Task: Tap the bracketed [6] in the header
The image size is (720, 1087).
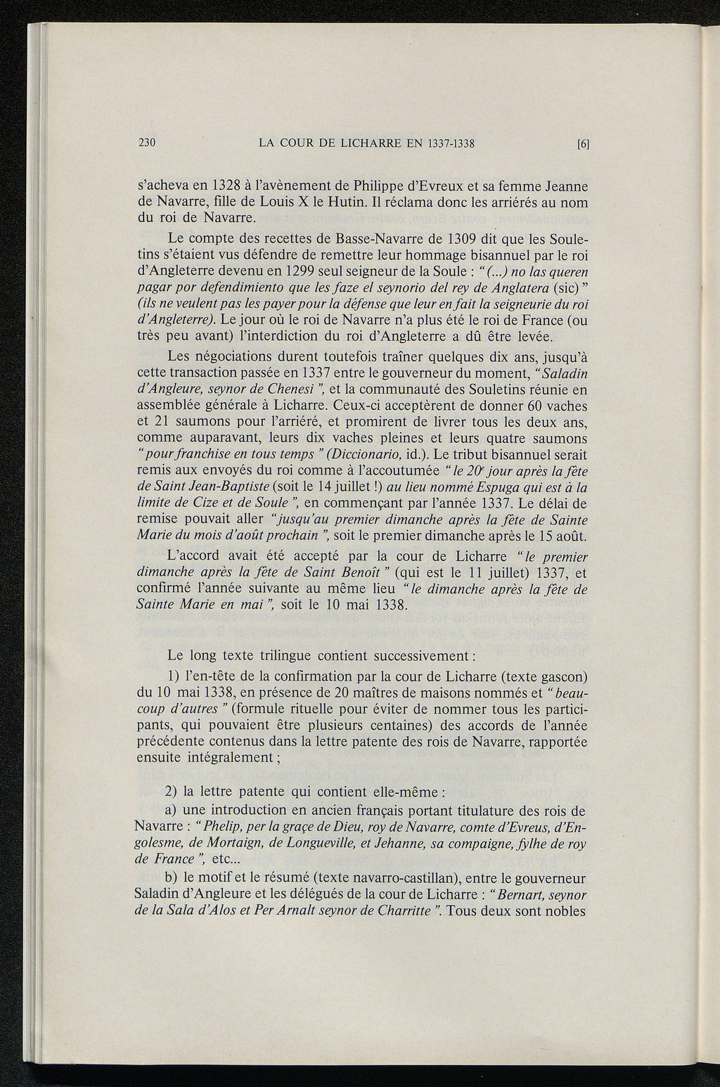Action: pyautogui.click(x=582, y=144)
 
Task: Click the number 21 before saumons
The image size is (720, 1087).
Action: pyautogui.click(x=163, y=423)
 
